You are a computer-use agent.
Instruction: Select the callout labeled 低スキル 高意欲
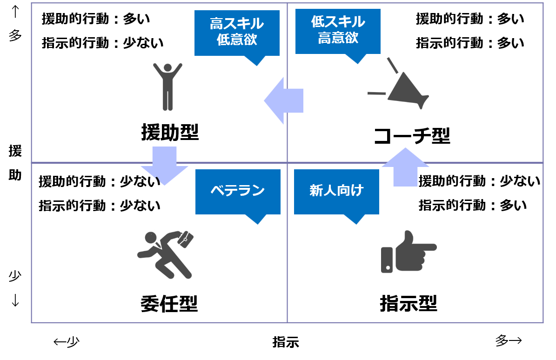338,31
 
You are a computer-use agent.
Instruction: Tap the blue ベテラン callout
238,191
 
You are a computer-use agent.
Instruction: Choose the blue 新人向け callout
336,191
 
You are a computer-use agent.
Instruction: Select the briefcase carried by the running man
186,239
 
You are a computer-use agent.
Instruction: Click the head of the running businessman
150,238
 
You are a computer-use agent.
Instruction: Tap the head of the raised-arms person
167,68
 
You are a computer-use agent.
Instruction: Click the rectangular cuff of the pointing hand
387,260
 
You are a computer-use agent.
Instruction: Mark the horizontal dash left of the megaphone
376,93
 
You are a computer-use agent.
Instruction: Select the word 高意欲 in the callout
338,38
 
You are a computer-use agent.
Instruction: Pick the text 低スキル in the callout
338,22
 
